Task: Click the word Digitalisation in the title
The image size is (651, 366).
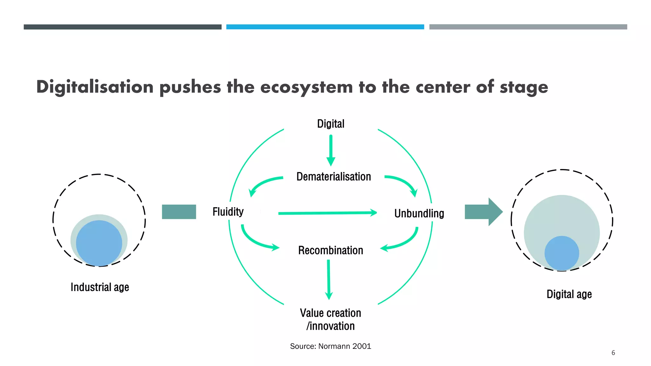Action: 95,87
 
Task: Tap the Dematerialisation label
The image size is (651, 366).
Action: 333,177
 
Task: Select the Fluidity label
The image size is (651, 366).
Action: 228,212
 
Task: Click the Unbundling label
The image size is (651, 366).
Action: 419,213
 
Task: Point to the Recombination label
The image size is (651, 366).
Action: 331,250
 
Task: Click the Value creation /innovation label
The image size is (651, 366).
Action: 331,320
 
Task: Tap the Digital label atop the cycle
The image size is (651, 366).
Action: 331,124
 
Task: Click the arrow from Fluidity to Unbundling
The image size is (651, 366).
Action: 327,213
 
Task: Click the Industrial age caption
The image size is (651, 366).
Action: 100,287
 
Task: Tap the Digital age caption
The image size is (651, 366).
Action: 569,294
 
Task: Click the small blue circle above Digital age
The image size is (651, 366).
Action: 562,253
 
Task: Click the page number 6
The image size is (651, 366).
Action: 613,353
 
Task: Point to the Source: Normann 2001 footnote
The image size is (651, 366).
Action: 331,346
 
